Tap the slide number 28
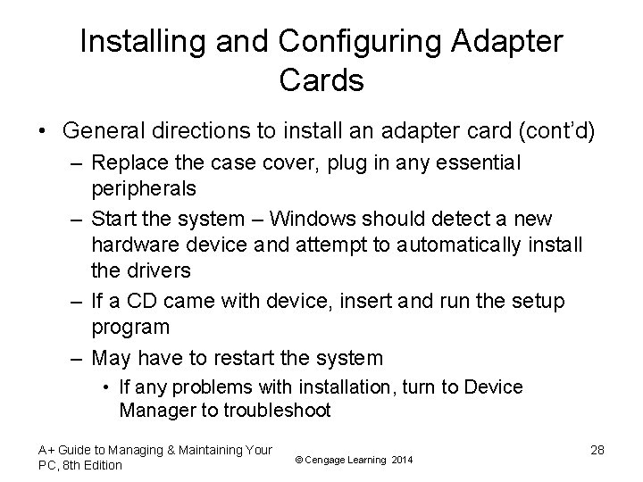pos(597,450)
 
